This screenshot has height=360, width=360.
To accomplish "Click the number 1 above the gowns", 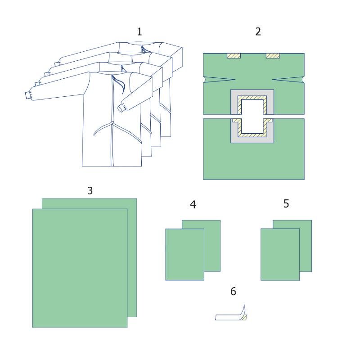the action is [139, 31].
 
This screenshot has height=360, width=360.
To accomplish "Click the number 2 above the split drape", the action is [258, 31].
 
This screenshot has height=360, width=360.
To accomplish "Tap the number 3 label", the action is [90, 190].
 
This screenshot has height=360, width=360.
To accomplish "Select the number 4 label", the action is [193, 205].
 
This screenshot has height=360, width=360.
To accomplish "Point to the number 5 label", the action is [286, 203].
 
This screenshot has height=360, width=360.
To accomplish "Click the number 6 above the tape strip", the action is [233, 291].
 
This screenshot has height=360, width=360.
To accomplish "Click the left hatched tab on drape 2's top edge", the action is [234, 56].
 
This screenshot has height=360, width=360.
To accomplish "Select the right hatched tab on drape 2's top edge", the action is [273, 56].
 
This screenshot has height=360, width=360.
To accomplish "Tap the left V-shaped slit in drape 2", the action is [219, 80].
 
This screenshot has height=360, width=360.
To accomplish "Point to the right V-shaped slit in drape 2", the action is [288, 80].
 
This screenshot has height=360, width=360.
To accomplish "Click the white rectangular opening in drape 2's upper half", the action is [252, 107].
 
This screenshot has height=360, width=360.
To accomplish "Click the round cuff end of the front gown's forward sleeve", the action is [121, 108].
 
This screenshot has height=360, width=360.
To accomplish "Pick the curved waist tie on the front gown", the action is [103, 129].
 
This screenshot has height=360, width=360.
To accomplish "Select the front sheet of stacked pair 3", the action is [80, 268].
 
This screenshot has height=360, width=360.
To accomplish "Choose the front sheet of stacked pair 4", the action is [185, 254].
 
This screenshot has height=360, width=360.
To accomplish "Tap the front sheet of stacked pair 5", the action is [280, 254].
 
